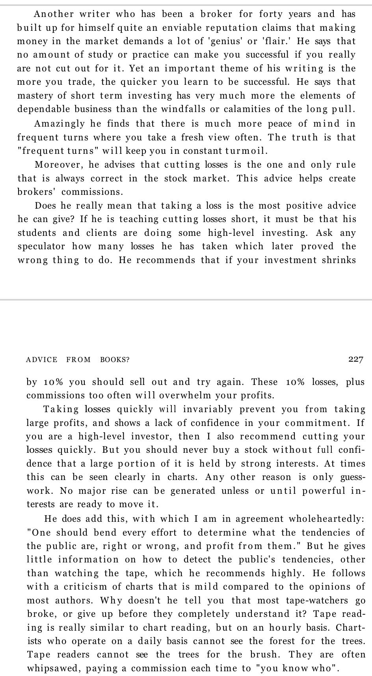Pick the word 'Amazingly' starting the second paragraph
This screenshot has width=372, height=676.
[59, 124]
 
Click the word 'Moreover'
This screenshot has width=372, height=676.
[58, 165]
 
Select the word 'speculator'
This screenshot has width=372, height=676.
[41, 246]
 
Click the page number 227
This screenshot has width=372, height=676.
[355, 359]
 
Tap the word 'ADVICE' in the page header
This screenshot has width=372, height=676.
[41, 360]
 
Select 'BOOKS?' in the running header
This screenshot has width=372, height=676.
[115, 360]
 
